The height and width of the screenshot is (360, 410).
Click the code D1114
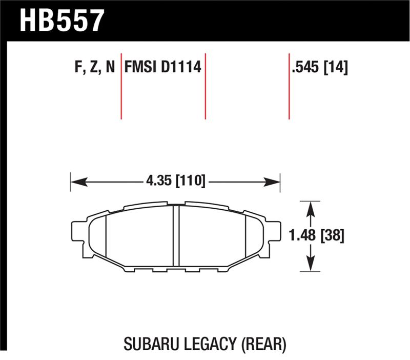[x=180, y=68]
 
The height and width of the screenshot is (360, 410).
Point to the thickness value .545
[x=305, y=68]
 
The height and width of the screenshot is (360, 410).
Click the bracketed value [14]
[x=335, y=68]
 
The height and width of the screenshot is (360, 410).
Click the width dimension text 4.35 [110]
[x=175, y=181]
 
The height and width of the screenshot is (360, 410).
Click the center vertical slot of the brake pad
[x=175, y=236]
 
